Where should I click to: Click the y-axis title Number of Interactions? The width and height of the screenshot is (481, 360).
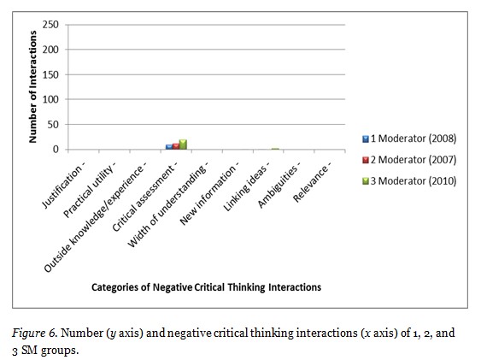(32, 86)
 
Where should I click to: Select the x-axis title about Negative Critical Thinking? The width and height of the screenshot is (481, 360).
(206, 288)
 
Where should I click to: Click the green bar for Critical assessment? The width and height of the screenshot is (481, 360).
(183, 145)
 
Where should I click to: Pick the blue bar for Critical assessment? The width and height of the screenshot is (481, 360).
(169, 147)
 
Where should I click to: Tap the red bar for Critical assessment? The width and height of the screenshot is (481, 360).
(176, 146)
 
